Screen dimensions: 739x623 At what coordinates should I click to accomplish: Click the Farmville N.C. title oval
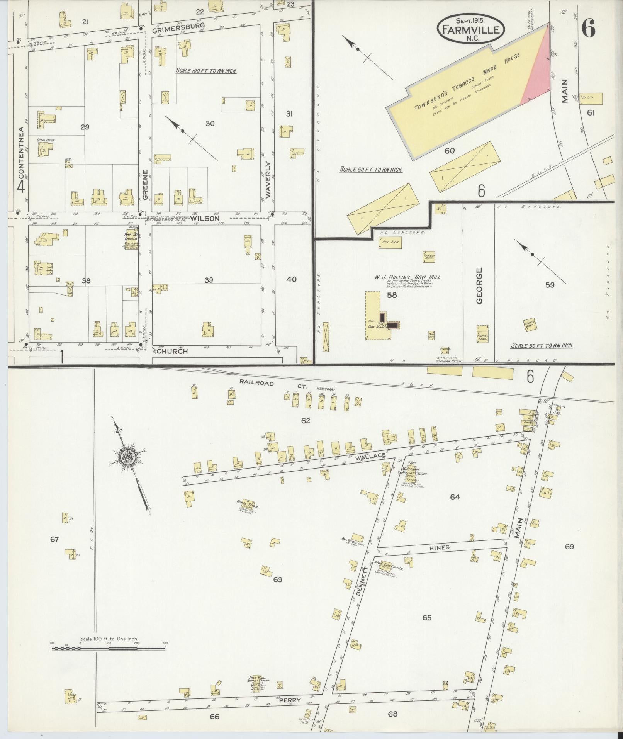(471, 29)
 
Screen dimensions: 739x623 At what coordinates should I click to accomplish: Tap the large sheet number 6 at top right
(588, 29)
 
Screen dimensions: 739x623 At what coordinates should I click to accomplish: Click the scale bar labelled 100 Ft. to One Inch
(109, 648)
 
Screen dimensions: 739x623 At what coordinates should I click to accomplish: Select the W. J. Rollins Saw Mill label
(406, 277)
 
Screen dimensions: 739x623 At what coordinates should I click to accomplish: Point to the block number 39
(209, 280)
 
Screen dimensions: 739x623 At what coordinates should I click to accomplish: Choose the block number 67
(54, 539)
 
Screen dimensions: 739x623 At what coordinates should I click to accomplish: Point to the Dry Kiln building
(390, 243)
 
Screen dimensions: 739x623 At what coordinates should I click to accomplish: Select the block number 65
(426, 618)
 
